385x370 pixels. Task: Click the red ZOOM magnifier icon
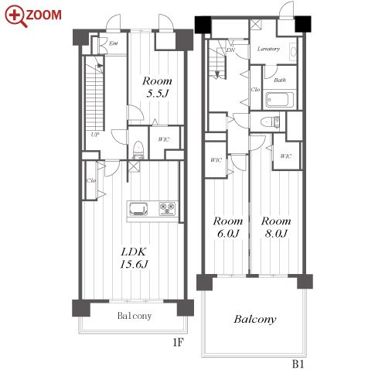pyautogui.click(x=15, y=15)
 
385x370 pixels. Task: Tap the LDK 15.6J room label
pyautogui.click(x=134, y=258)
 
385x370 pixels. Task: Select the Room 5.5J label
pyautogui.click(x=157, y=87)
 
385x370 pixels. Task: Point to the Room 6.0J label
pyautogui.click(x=228, y=227)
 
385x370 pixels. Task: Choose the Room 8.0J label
pyautogui.click(x=276, y=227)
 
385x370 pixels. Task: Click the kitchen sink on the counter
pyautogui.click(x=138, y=209)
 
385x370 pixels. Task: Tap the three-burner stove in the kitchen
pyautogui.click(x=167, y=209)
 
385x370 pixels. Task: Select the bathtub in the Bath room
pyautogui.click(x=280, y=99)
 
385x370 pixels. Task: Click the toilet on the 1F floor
pyautogui.click(x=138, y=149)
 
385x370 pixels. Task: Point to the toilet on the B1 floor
pyautogui.click(x=270, y=122)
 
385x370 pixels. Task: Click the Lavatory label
pyautogui.click(x=268, y=49)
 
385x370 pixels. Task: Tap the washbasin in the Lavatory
pyautogui.click(x=293, y=52)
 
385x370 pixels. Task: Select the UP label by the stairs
pyautogui.click(x=95, y=135)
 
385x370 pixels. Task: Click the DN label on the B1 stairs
pyautogui.click(x=230, y=50)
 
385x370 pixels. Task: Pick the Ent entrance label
pyautogui.click(x=114, y=43)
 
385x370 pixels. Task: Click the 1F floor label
pyautogui.click(x=178, y=342)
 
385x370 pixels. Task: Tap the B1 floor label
pyautogui.click(x=298, y=364)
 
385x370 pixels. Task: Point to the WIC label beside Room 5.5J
pyautogui.click(x=164, y=139)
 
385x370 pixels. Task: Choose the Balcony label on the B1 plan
pyautogui.click(x=255, y=320)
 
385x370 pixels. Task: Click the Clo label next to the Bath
pyautogui.click(x=255, y=90)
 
